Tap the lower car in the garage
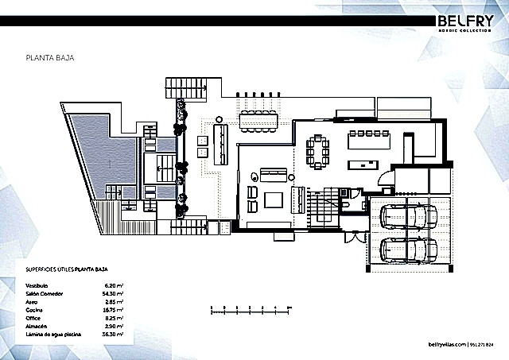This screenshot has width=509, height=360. (x=403, y=250)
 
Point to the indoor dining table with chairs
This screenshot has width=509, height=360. (x=321, y=151)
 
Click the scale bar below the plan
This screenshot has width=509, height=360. (x=247, y=309)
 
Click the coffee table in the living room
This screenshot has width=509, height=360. (x=273, y=199)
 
